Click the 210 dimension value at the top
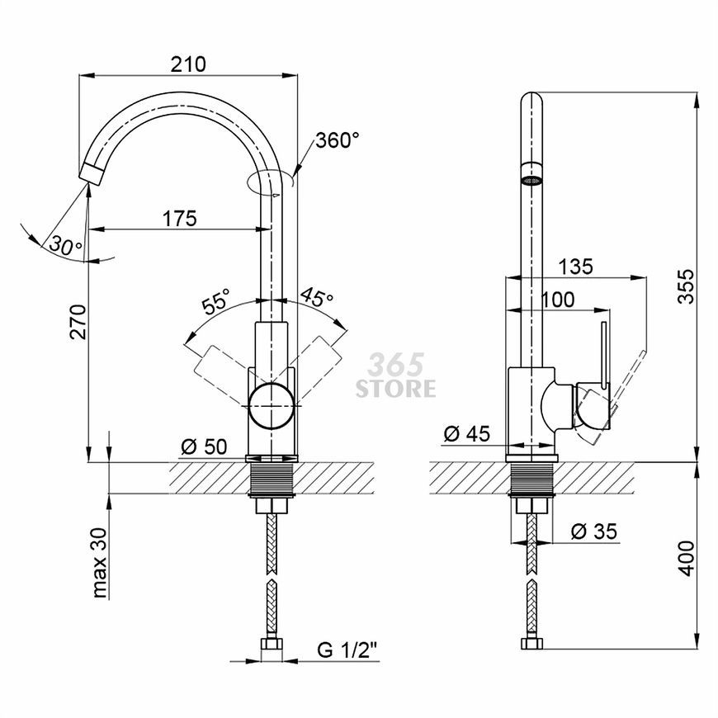point(188,64)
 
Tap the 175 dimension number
point(180,219)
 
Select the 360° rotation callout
point(338,140)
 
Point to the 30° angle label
point(65,246)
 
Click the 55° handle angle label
point(215,301)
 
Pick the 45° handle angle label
point(316,297)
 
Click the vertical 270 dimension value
point(78,322)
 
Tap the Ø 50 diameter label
point(204,446)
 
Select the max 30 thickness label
point(99,563)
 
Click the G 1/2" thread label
point(347,650)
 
